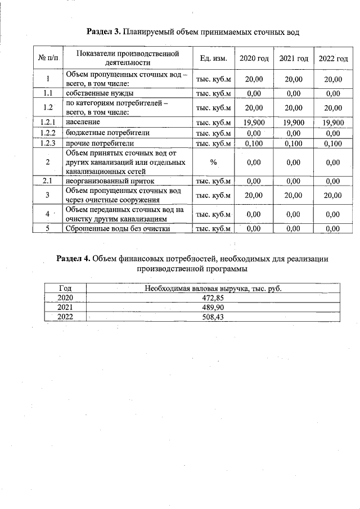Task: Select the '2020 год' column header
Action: [x=254, y=58]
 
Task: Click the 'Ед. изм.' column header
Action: [x=213, y=58]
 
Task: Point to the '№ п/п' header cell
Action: [x=48, y=58]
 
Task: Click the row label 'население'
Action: [x=83, y=122]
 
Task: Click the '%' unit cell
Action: [x=213, y=163]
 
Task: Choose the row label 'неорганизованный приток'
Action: [x=110, y=181]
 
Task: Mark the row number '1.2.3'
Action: [x=48, y=143]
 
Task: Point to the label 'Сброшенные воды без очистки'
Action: [x=118, y=228]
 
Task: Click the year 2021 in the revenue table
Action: [x=66, y=308]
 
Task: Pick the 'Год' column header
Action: [x=66, y=288]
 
